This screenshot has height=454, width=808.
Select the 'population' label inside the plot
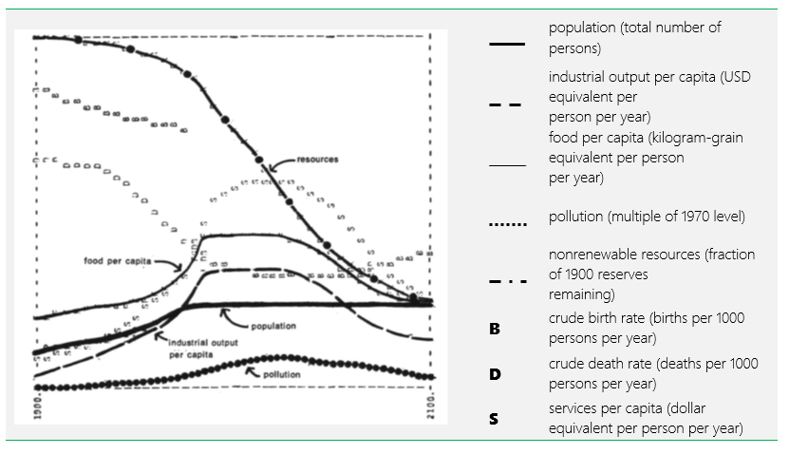pyautogui.click(x=273, y=326)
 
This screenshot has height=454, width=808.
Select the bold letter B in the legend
pyautogui.click(x=494, y=329)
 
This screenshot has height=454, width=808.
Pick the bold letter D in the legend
pyautogui.click(x=494, y=374)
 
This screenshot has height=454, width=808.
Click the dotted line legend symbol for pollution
pyautogui.click(x=507, y=226)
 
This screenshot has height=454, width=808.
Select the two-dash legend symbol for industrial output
pyautogui.click(x=507, y=104)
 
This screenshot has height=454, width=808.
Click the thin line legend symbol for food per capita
pyautogui.click(x=507, y=165)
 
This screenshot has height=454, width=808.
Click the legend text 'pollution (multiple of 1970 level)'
pyautogui.click(x=647, y=218)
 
